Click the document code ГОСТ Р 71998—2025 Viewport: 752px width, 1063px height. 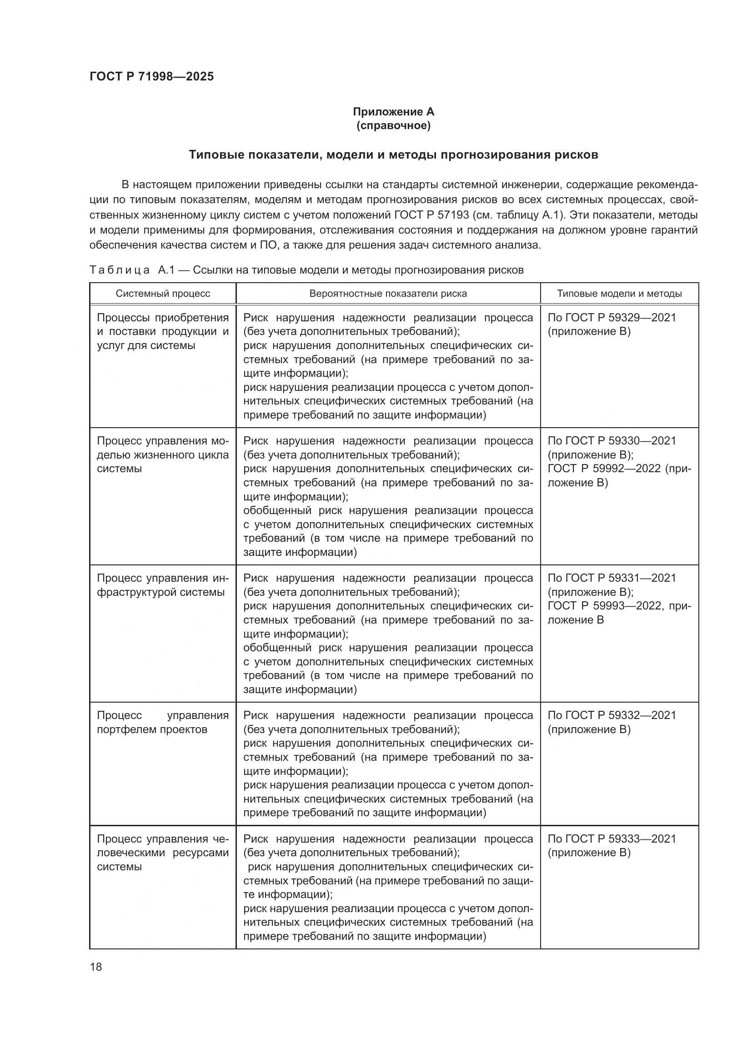click(151, 76)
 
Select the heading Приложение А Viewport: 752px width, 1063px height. click(393, 112)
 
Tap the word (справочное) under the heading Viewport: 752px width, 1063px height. click(393, 126)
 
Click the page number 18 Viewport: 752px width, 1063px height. click(96, 967)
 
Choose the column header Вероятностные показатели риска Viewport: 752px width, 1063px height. click(387, 294)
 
